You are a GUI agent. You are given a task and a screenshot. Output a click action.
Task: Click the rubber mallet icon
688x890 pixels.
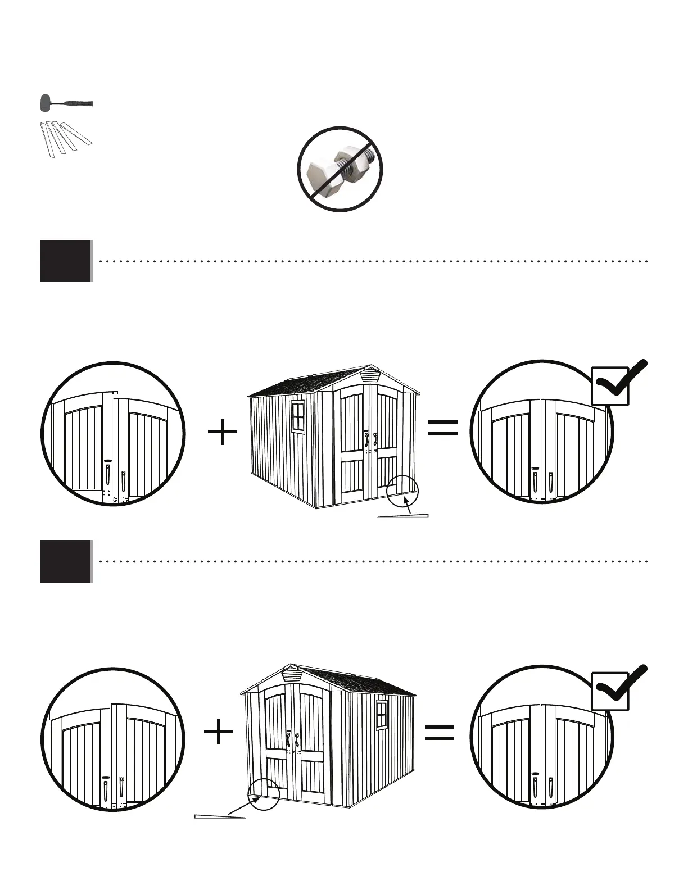66,104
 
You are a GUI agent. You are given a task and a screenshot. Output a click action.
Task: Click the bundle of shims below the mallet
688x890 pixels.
65,138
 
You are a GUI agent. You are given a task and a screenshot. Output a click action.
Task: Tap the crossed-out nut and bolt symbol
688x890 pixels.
340,169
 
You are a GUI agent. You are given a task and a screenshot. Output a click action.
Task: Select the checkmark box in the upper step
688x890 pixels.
610,386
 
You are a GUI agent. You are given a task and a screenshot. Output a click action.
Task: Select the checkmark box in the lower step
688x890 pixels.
610,691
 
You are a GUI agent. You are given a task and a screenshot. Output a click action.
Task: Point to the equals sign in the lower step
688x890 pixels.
440,733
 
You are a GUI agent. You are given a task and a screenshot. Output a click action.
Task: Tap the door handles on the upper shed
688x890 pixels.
370,440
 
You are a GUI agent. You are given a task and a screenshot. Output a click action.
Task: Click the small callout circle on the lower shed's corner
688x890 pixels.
263,794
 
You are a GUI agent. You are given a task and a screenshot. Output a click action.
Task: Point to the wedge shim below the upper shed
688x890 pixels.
403,516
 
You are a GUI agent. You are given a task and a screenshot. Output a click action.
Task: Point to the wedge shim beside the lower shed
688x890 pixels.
220,816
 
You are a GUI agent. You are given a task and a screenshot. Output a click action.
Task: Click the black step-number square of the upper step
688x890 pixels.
65,261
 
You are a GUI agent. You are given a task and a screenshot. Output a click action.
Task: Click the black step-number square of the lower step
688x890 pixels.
65,561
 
